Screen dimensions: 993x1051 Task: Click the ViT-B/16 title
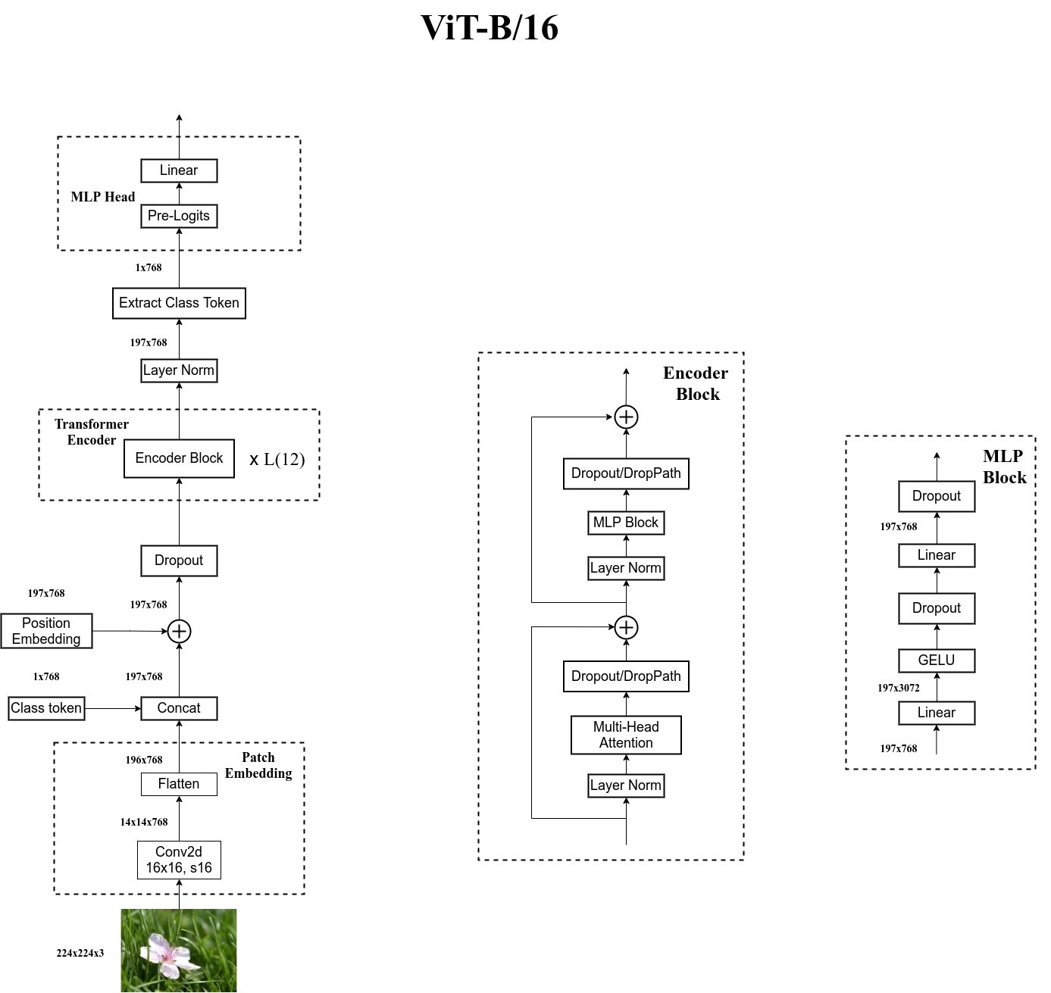490,28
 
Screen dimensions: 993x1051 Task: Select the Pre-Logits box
179,216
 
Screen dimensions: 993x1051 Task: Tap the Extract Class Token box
179,303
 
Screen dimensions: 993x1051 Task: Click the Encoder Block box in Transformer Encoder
179,458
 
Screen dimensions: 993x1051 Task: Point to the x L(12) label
277,460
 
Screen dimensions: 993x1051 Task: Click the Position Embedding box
46,631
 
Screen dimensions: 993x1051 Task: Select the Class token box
46,708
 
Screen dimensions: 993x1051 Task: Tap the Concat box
179,708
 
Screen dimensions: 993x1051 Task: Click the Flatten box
179,784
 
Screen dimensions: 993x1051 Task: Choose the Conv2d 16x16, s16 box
179,860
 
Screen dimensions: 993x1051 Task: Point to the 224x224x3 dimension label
80,953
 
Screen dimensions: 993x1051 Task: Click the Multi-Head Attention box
626,735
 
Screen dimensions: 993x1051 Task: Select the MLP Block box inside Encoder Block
626,523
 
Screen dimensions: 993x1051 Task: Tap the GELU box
937,660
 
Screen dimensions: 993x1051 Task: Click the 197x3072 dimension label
899,688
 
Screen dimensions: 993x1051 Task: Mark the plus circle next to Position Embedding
179,631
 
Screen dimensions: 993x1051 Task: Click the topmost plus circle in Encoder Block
626,417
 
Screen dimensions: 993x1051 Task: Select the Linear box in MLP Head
179,170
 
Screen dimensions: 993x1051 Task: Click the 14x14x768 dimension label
144,822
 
